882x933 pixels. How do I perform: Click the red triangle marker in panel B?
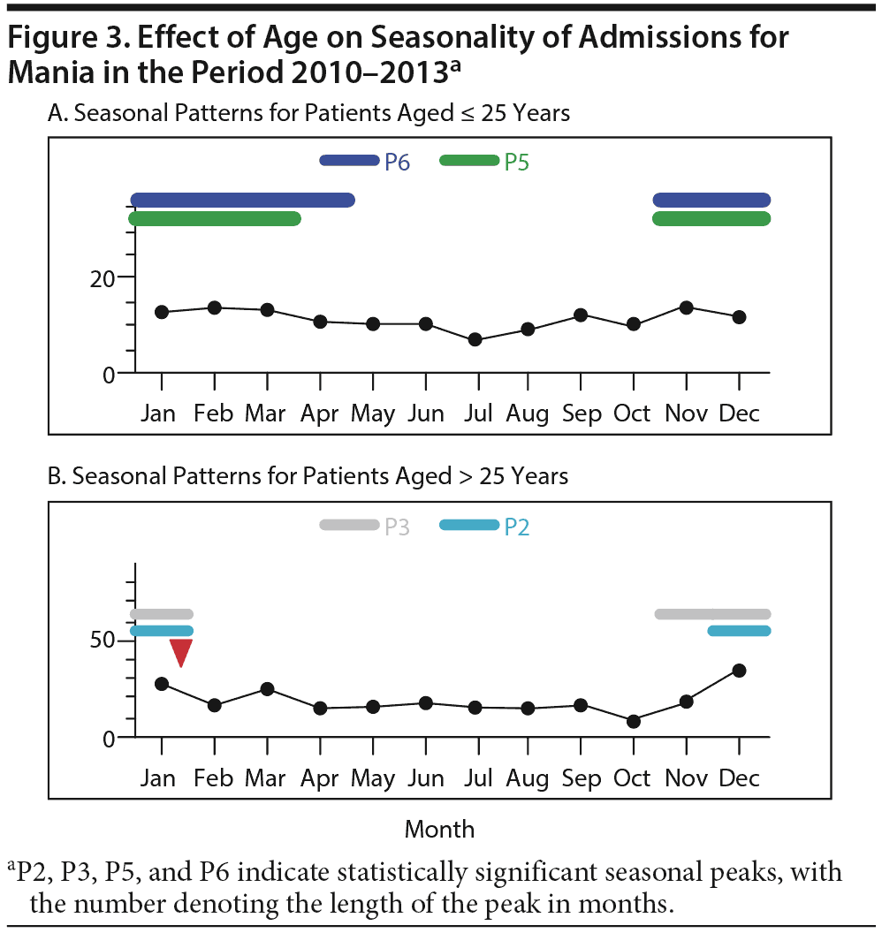tap(181, 652)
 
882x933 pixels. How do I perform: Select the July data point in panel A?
tap(475, 339)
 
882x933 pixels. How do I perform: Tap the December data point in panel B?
tap(739, 671)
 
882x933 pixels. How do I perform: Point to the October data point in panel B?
tap(633, 721)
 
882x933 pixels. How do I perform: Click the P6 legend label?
tap(397, 162)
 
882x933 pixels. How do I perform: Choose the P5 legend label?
tap(516, 162)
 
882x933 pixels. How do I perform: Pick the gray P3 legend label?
tap(397, 527)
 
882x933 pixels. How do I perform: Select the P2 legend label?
tap(516, 527)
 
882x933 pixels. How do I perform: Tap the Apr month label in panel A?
tap(319, 413)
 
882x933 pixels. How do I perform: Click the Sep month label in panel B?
tap(581, 778)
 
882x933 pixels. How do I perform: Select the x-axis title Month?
tap(439, 830)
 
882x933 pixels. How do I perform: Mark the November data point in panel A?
tap(686, 307)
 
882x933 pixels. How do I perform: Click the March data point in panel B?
tap(267, 689)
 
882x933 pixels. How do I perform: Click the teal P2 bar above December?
tap(739, 631)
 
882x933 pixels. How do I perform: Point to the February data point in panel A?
tap(214, 307)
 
